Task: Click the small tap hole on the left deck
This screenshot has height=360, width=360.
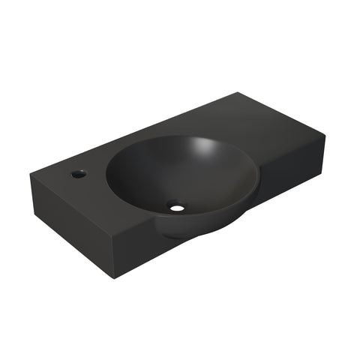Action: pyautogui.click(x=78, y=174)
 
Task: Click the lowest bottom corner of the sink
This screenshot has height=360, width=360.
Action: pyautogui.click(x=115, y=277)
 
